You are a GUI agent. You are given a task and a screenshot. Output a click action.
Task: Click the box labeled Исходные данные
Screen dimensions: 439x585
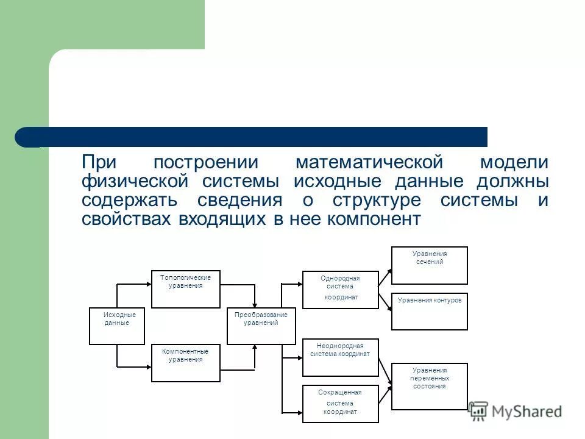click(x=117, y=326)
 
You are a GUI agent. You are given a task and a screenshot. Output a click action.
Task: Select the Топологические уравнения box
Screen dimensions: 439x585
click(x=185, y=289)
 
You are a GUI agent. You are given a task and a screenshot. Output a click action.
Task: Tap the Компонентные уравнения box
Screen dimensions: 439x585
click(x=185, y=363)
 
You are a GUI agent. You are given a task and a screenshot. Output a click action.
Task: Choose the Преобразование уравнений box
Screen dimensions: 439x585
click(x=261, y=326)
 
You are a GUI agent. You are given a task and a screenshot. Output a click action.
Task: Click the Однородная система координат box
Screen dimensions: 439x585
click(x=341, y=290)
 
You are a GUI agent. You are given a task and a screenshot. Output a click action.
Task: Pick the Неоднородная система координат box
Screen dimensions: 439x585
click(x=341, y=357)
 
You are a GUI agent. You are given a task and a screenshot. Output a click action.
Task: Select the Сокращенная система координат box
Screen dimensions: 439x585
click(x=341, y=404)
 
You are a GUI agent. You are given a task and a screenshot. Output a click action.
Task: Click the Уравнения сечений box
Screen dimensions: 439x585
click(x=429, y=265)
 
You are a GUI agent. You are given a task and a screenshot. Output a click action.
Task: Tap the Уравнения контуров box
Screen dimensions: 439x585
click(x=429, y=311)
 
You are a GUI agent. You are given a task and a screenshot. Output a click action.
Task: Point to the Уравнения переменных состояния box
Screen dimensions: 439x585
click(x=429, y=386)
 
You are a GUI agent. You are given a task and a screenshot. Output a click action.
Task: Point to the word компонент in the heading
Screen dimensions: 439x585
click(x=374, y=220)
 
